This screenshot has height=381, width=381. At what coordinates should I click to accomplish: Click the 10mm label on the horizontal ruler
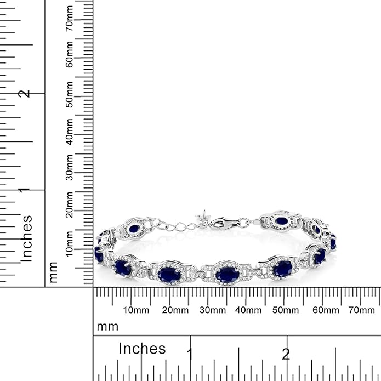pyautogui.click(x=136, y=310)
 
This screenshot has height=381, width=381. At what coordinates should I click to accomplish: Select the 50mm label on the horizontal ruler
pyautogui.click(x=286, y=310)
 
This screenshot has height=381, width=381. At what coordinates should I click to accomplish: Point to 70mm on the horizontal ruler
pyautogui.click(x=361, y=310)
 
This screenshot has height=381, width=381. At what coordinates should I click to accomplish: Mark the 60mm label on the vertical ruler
pyautogui.click(x=69, y=56)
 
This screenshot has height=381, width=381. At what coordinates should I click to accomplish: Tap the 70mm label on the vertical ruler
pyautogui.click(x=69, y=19)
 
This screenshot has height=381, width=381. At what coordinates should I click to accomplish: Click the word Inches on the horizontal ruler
pyautogui.click(x=142, y=349)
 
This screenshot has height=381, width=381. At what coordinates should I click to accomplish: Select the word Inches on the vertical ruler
pyautogui.click(x=26, y=238)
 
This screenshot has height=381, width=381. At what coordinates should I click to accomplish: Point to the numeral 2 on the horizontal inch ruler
pyautogui.click(x=286, y=354)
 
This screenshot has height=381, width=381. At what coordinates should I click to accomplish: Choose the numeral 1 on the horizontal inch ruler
pyautogui.click(x=190, y=354)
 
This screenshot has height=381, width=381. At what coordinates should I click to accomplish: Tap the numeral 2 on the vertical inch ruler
pyautogui.click(x=24, y=94)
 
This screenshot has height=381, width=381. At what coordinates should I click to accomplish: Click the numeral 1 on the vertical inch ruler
pyautogui.click(x=24, y=190)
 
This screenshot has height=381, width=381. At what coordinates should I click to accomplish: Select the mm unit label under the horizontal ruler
pyautogui.click(x=107, y=327)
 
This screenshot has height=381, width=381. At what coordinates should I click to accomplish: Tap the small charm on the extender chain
pyautogui.click(x=204, y=215)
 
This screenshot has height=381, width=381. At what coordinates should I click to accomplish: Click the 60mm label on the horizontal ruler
pyautogui.click(x=324, y=310)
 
